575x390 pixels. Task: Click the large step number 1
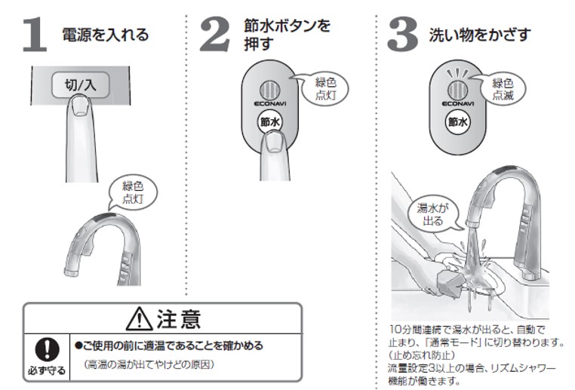coord(35,35)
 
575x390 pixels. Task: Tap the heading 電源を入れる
coord(105,35)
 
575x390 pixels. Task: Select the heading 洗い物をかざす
coord(480,35)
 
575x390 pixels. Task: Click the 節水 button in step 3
coord(459,121)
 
